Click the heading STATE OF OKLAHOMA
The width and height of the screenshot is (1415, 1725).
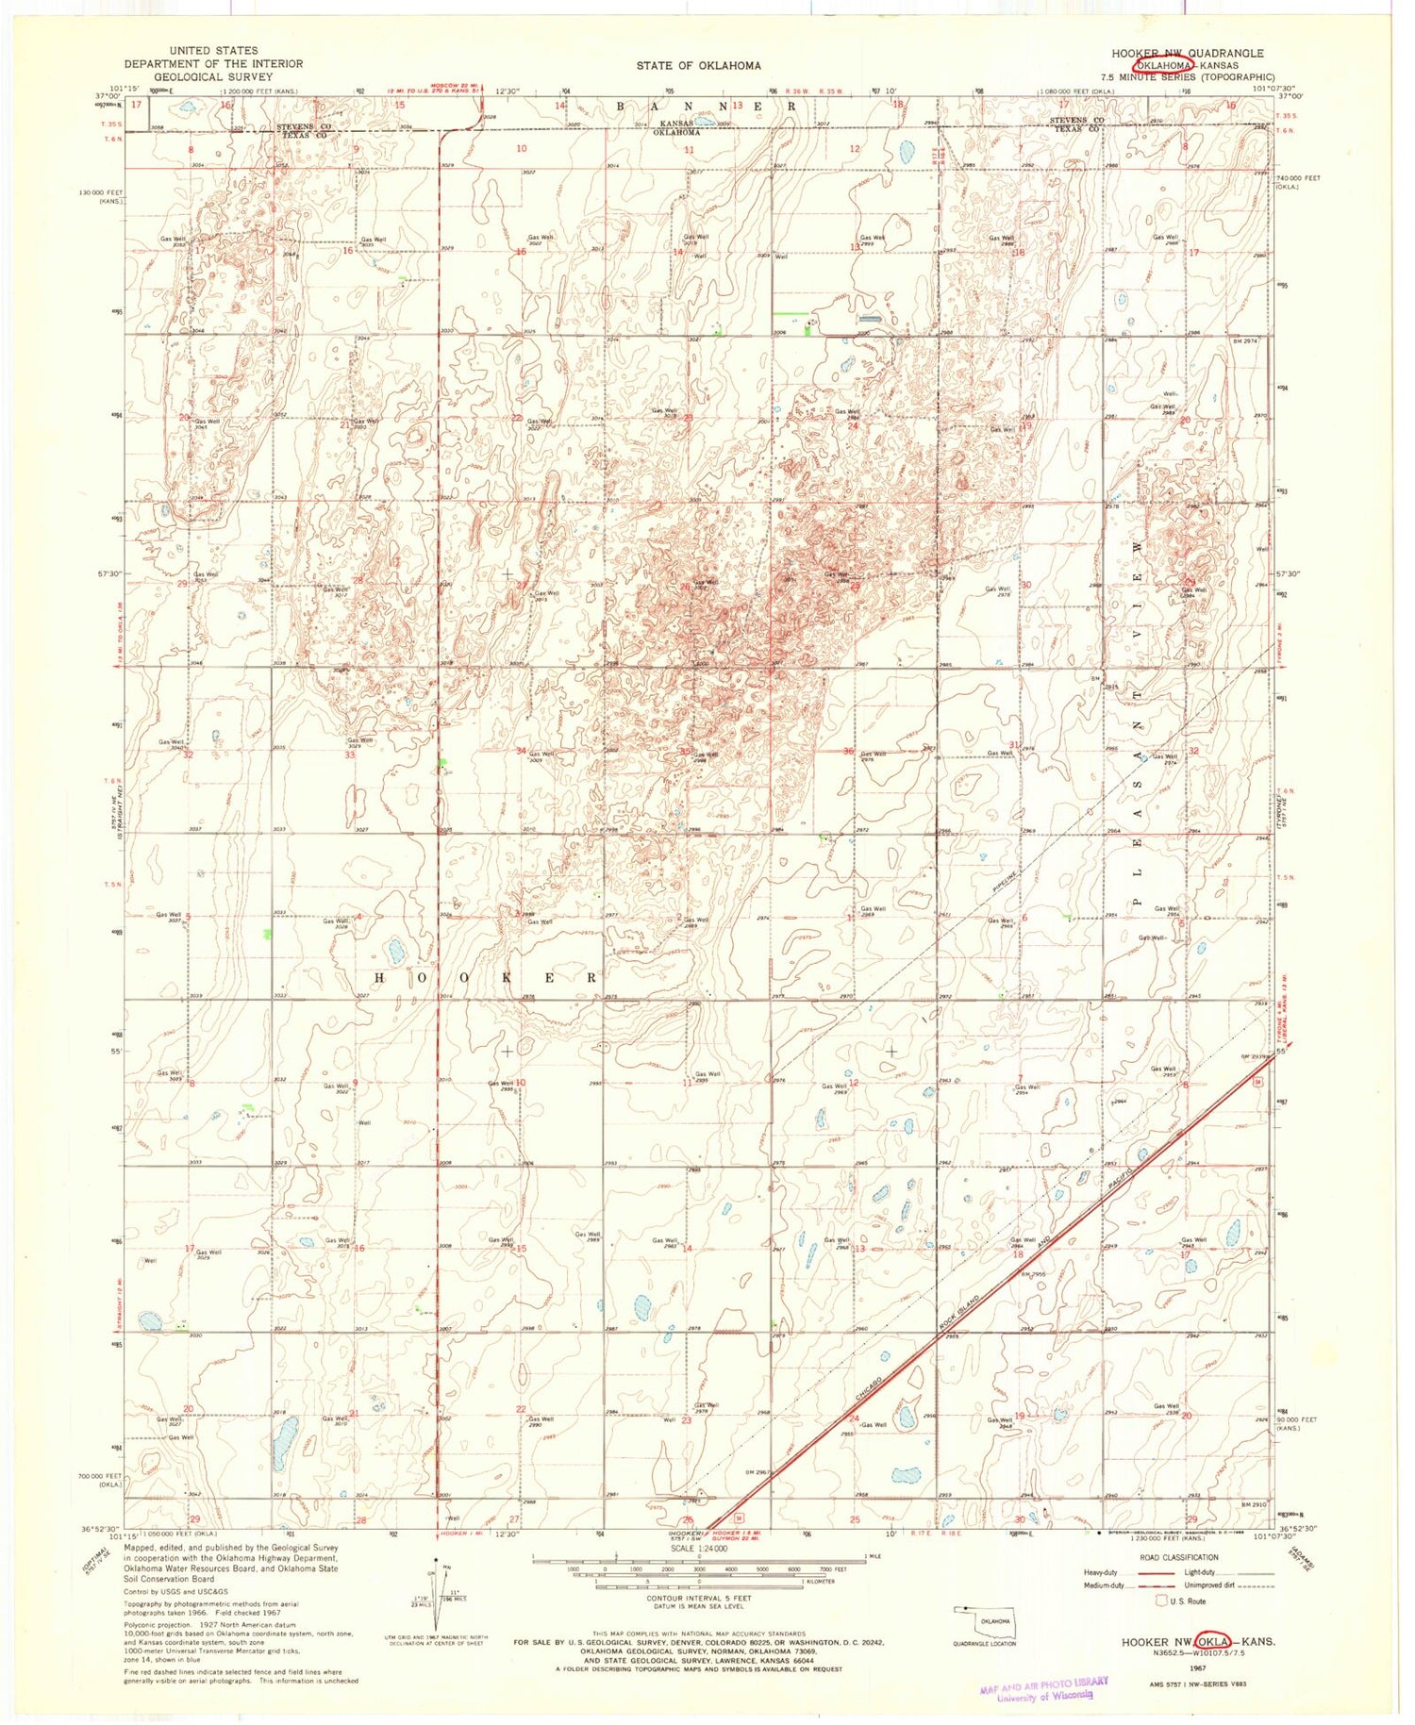click(x=698, y=65)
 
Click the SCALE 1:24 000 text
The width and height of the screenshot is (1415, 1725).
click(x=699, y=1548)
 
